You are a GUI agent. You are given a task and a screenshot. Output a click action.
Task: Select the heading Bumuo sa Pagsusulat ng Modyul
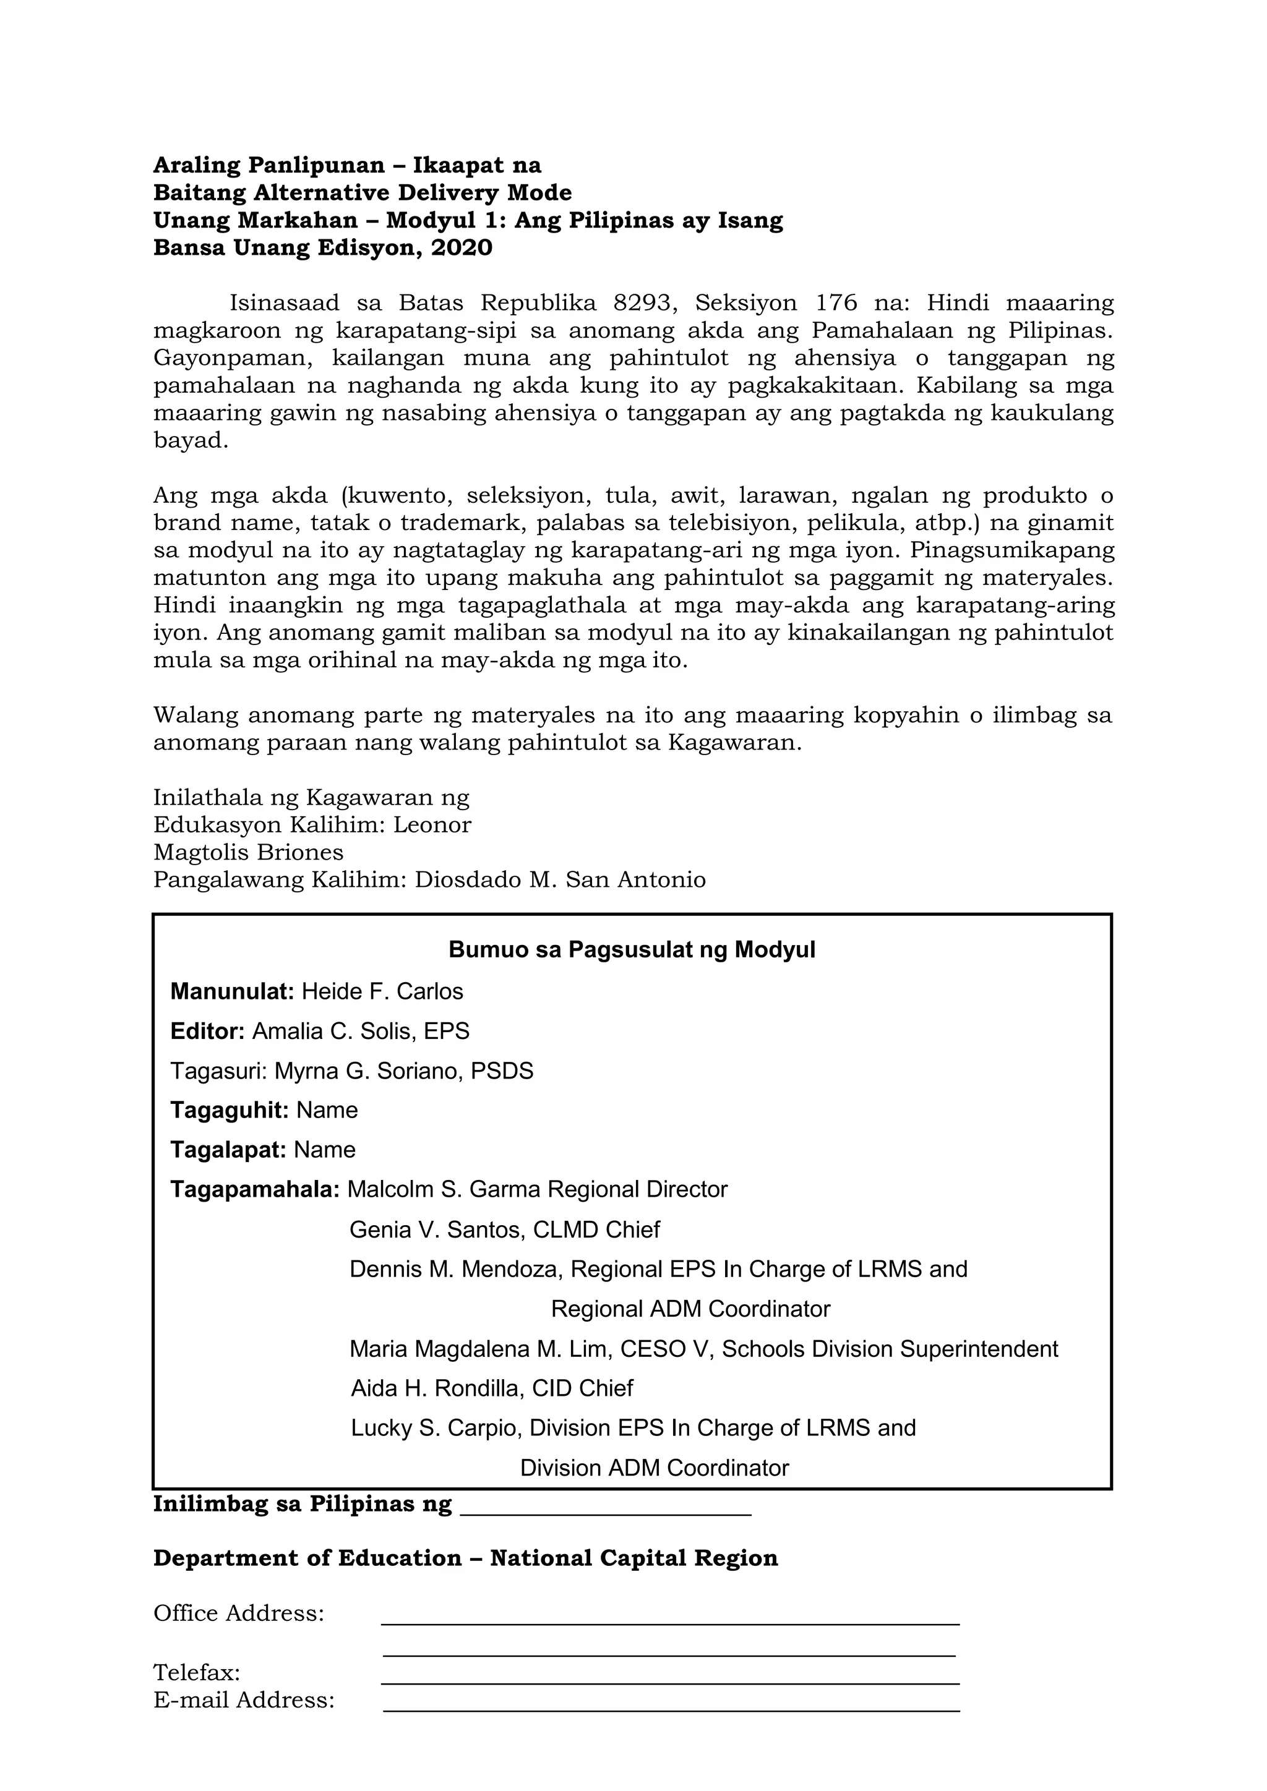pyautogui.click(x=632, y=950)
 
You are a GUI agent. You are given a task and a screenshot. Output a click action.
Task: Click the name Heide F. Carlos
pyautogui.click(x=382, y=991)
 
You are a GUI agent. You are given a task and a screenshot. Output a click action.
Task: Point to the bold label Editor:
pyautogui.click(x=207, y=1031)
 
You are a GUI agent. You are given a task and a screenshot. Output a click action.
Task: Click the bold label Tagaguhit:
pyautogui.click(x=230, y=1110)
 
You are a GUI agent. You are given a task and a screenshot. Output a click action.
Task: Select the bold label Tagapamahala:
pyautogui.click(x=254, y=1190)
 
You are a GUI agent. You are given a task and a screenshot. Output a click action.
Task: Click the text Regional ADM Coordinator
pyautogui.click(x=690, y=1309)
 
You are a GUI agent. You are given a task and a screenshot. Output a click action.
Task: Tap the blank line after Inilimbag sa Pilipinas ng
pyautogui.click(x=606, y=1505)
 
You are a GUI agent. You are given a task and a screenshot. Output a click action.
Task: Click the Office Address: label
pyautogui.click(x=239, y=1613)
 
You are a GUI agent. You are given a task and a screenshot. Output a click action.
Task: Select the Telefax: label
pyautogui.click(x=197, y=1672)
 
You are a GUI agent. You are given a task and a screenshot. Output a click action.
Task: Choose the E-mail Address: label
pyautogui.click(x=243, y=1699)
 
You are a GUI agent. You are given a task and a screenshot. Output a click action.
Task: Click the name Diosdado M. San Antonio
pyautogui.click(x=559, y=880)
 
